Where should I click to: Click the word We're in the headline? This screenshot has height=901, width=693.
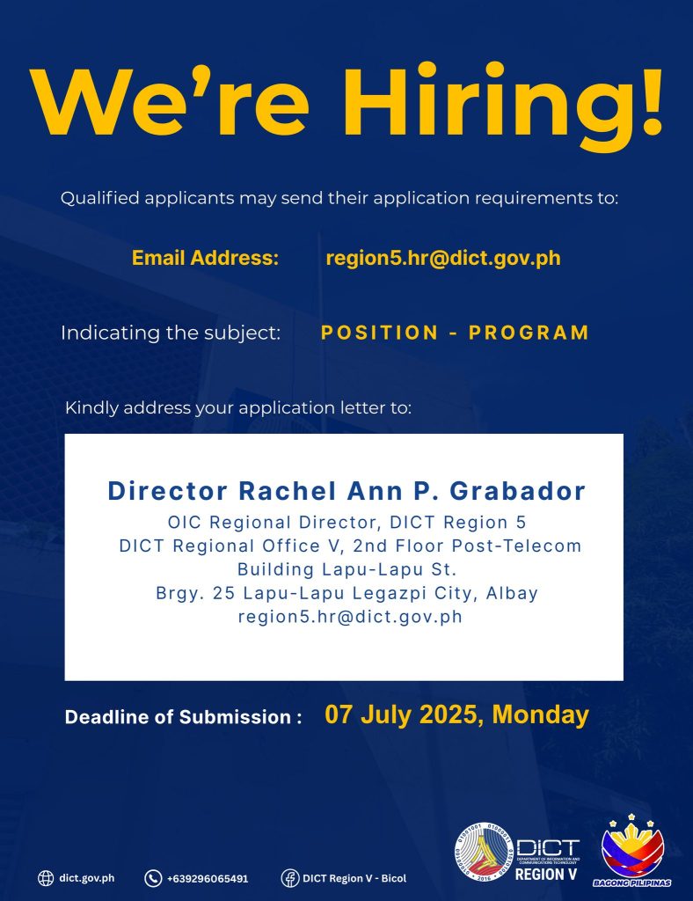tap(171, 102)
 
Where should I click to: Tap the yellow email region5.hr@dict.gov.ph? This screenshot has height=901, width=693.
tap(443, 258)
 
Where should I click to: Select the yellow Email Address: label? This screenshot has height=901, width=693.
tap(205, 258)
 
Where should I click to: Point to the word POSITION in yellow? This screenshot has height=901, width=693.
tap(380, 333)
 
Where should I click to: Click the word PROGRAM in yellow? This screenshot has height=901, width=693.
tap(529, 333)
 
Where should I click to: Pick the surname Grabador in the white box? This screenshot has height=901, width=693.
tap(517, 491)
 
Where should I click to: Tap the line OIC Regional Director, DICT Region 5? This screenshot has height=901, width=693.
tap(346, 523)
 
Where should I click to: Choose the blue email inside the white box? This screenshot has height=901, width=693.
tap(350, 617)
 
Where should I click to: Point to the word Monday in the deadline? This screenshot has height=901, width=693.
tap(540, 714)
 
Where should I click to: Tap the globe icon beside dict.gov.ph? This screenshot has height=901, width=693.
tap(46, 878)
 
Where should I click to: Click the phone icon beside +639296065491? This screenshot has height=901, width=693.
tap(153, 878)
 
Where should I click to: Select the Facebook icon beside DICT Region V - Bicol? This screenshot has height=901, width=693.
tap(290, 878)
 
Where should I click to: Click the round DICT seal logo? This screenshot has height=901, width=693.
tap(484, 851)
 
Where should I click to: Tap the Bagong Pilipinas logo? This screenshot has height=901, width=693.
tap(632, 851)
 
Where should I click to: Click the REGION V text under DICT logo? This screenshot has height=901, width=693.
tap(546, 874)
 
